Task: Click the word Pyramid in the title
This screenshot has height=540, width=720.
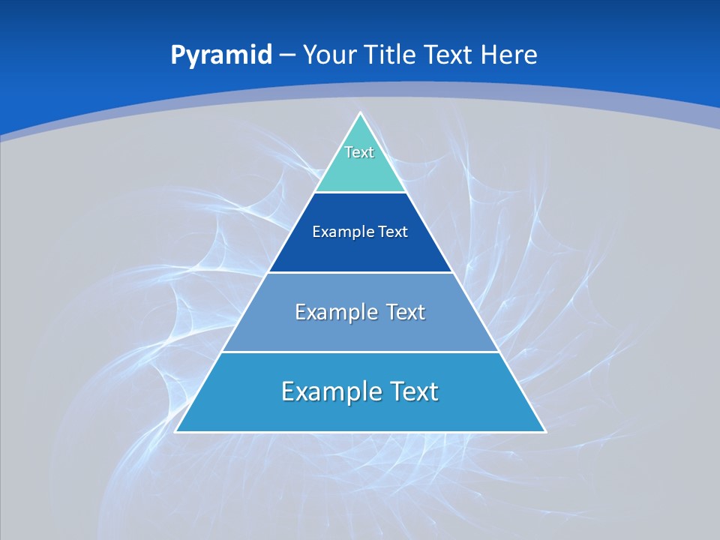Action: click(221, 55)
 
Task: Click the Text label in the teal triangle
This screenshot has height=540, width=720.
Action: click(359, 152)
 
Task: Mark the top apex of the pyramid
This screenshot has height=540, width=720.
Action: click(361, 113)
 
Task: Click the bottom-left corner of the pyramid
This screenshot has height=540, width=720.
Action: click(176, 431)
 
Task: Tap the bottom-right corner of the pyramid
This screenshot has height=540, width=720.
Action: click(544, 431)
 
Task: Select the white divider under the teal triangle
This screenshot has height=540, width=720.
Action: click(361, 193)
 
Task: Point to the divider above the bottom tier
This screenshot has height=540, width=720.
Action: click(361, 352)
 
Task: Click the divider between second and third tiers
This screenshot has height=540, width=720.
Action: click(361, 272)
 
